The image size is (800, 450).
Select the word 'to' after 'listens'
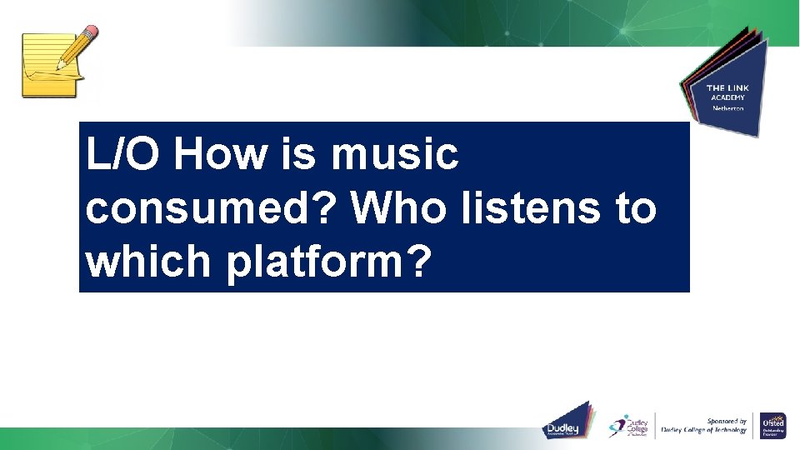point(634,208)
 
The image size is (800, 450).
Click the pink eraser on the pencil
point(89,32)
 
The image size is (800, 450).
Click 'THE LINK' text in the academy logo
point(727,88)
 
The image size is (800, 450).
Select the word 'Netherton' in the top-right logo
point(727,108)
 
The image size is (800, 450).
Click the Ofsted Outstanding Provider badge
point(773,425)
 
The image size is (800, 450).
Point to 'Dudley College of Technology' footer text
point(704,431)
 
